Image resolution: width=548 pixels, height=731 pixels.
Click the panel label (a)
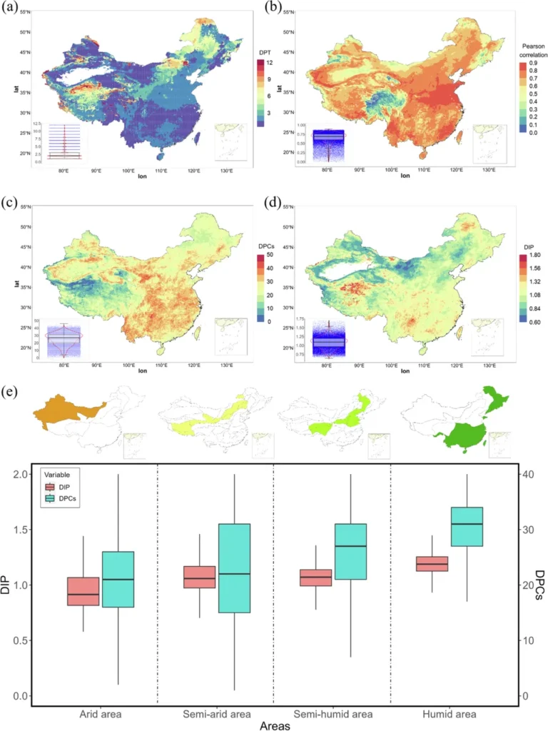11,9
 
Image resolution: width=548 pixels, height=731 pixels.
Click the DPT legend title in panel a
265,53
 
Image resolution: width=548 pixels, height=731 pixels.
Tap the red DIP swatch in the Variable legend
50,485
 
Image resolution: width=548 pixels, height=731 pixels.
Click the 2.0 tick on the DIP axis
22,475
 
